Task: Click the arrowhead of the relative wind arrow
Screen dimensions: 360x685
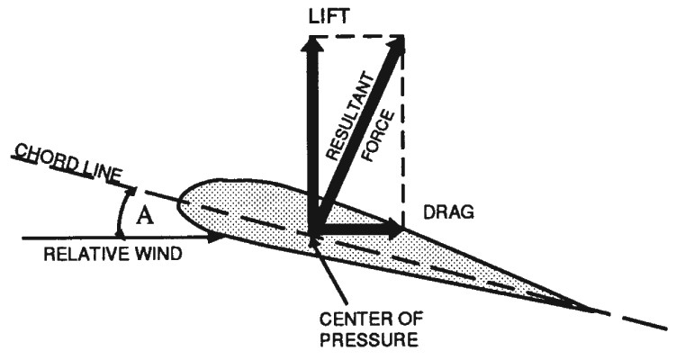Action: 215,238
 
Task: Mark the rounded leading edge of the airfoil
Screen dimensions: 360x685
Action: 180,205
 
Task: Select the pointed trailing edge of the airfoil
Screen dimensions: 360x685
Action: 590,308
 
